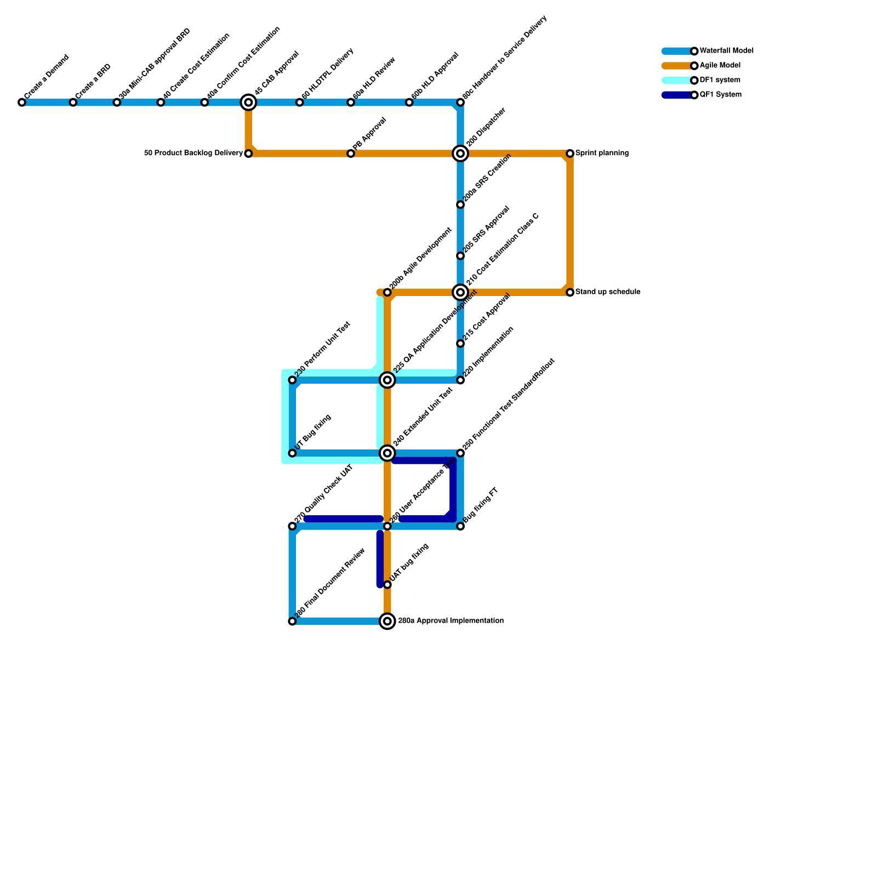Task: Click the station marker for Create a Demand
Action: click(x=22, y=102)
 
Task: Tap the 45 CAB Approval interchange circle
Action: click(x=248, y=102)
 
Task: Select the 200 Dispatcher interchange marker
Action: click(x=460, y=153)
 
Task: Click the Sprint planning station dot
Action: click(x=570, y=153)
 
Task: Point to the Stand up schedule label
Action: click(x=607, y=292)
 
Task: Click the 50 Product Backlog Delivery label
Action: click(x=193, y=153)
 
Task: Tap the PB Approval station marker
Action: click(x=351, y=153)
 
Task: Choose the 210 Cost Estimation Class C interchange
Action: click(x=460, y=292)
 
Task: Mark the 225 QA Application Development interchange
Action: click(x=388, y=380)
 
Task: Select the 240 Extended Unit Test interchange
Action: click(x=388, y=453)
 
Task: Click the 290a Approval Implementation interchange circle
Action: click(x=388, y=621)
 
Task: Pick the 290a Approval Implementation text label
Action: click(x=451, y=621)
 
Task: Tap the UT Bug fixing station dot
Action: click(x=292, y=453)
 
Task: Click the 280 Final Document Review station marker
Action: click(x=292, y=621)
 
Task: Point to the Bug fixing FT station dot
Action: click(x=460, y=526)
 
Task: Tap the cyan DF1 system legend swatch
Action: click(x=677, y=81)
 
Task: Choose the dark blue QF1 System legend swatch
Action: click(x=677, y=95)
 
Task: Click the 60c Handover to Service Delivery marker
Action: click(x=460, y=102)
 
